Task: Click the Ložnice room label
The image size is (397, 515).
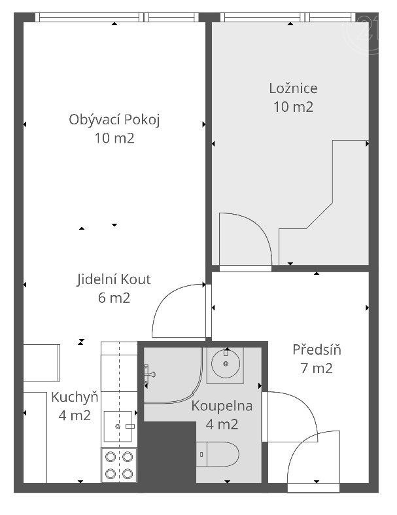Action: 293,88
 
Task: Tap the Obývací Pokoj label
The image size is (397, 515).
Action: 114,120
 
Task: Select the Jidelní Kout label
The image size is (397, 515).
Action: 114,279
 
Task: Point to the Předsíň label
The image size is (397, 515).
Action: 317,349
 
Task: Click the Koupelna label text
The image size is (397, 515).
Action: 222,406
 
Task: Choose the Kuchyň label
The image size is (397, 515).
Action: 75,397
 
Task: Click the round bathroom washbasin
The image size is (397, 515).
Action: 226,364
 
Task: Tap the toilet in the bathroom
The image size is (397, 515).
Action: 218,454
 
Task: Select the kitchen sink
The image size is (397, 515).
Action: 118,426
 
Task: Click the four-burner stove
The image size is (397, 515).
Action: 119,465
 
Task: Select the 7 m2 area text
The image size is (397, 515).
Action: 317,368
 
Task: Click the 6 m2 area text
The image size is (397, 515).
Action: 114,298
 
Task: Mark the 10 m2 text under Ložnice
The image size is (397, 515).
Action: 293,107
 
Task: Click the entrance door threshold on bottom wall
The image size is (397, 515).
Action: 313,488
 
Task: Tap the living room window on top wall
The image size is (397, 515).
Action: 117,17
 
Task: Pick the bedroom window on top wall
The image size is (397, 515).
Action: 288,17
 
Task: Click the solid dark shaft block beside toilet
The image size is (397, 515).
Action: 167,452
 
